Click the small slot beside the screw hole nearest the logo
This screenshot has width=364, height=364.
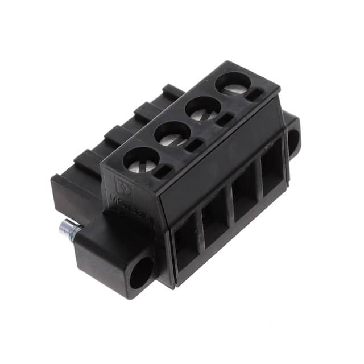click(163, 169)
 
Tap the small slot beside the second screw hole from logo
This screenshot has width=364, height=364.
click(194, 144)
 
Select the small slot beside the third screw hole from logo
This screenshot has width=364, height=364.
click(225, 119)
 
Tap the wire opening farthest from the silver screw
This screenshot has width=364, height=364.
click(271, 168)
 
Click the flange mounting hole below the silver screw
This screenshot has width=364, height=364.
click(140, 271)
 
